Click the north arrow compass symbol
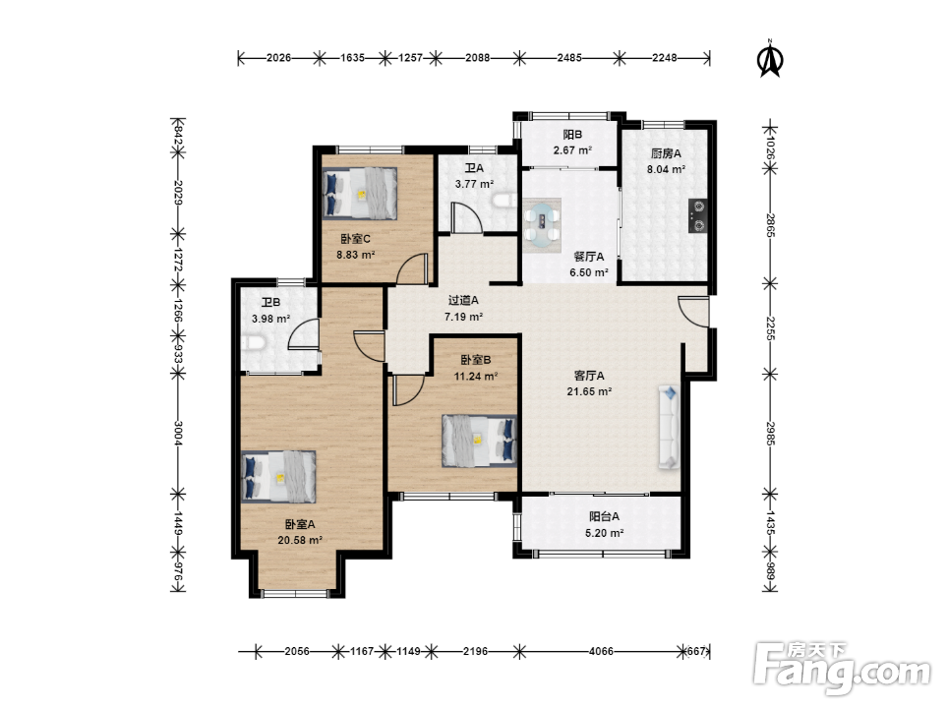(x=770, y=59)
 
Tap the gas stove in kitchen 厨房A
(x=697, y=215)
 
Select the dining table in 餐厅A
(x=542, y=225)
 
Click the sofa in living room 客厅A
(x=669, y=427)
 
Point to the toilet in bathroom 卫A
(x=504, y=200)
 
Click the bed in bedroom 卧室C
(x=360, y=193)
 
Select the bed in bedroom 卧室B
(x=480, y=441)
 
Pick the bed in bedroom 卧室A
(x=278, y=476)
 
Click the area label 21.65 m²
(x=589, y=391)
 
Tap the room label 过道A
(x=463, y=300)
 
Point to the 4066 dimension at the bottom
(x=601, y=652)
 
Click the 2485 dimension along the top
(x=569, y=58)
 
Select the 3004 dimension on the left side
(x=178, y=433)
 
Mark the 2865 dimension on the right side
(x=770, y=224)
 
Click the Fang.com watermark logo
(x=843, y=669)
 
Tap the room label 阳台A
(x=604, y=517)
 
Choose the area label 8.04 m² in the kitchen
(x=666, y=169)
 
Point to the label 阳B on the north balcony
(x=572, y=135)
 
